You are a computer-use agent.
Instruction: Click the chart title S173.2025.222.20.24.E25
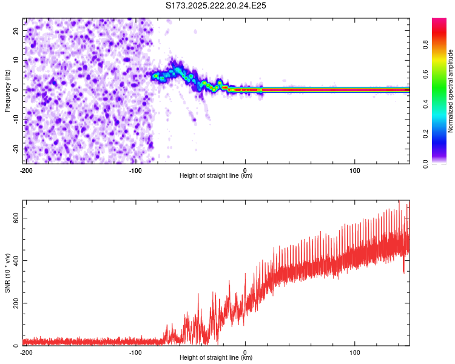[x=217, y=5]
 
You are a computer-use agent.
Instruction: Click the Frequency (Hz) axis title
[x=7, y=90]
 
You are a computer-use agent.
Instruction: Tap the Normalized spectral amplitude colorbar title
[x=451, y=91]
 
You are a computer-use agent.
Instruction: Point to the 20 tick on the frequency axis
[x=16, y=32]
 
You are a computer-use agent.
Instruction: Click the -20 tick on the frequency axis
[x=16, y=149]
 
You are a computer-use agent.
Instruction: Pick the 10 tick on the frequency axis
[x=16, y=61]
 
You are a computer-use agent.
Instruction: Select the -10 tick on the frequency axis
[x=16, y=120]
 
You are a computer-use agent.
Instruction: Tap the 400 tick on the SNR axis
[x=13, y=260]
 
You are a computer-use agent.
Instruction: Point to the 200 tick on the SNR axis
[x=13, y=303]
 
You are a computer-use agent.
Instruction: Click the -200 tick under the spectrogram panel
[x=26, y=170]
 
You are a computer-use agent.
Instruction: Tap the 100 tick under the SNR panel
[x=355, y=352]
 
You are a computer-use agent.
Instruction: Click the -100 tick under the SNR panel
[x=135, y=352]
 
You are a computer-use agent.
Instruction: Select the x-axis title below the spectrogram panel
[x=216, y=176]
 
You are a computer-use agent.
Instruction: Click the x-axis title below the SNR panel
[x=216, y=358]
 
